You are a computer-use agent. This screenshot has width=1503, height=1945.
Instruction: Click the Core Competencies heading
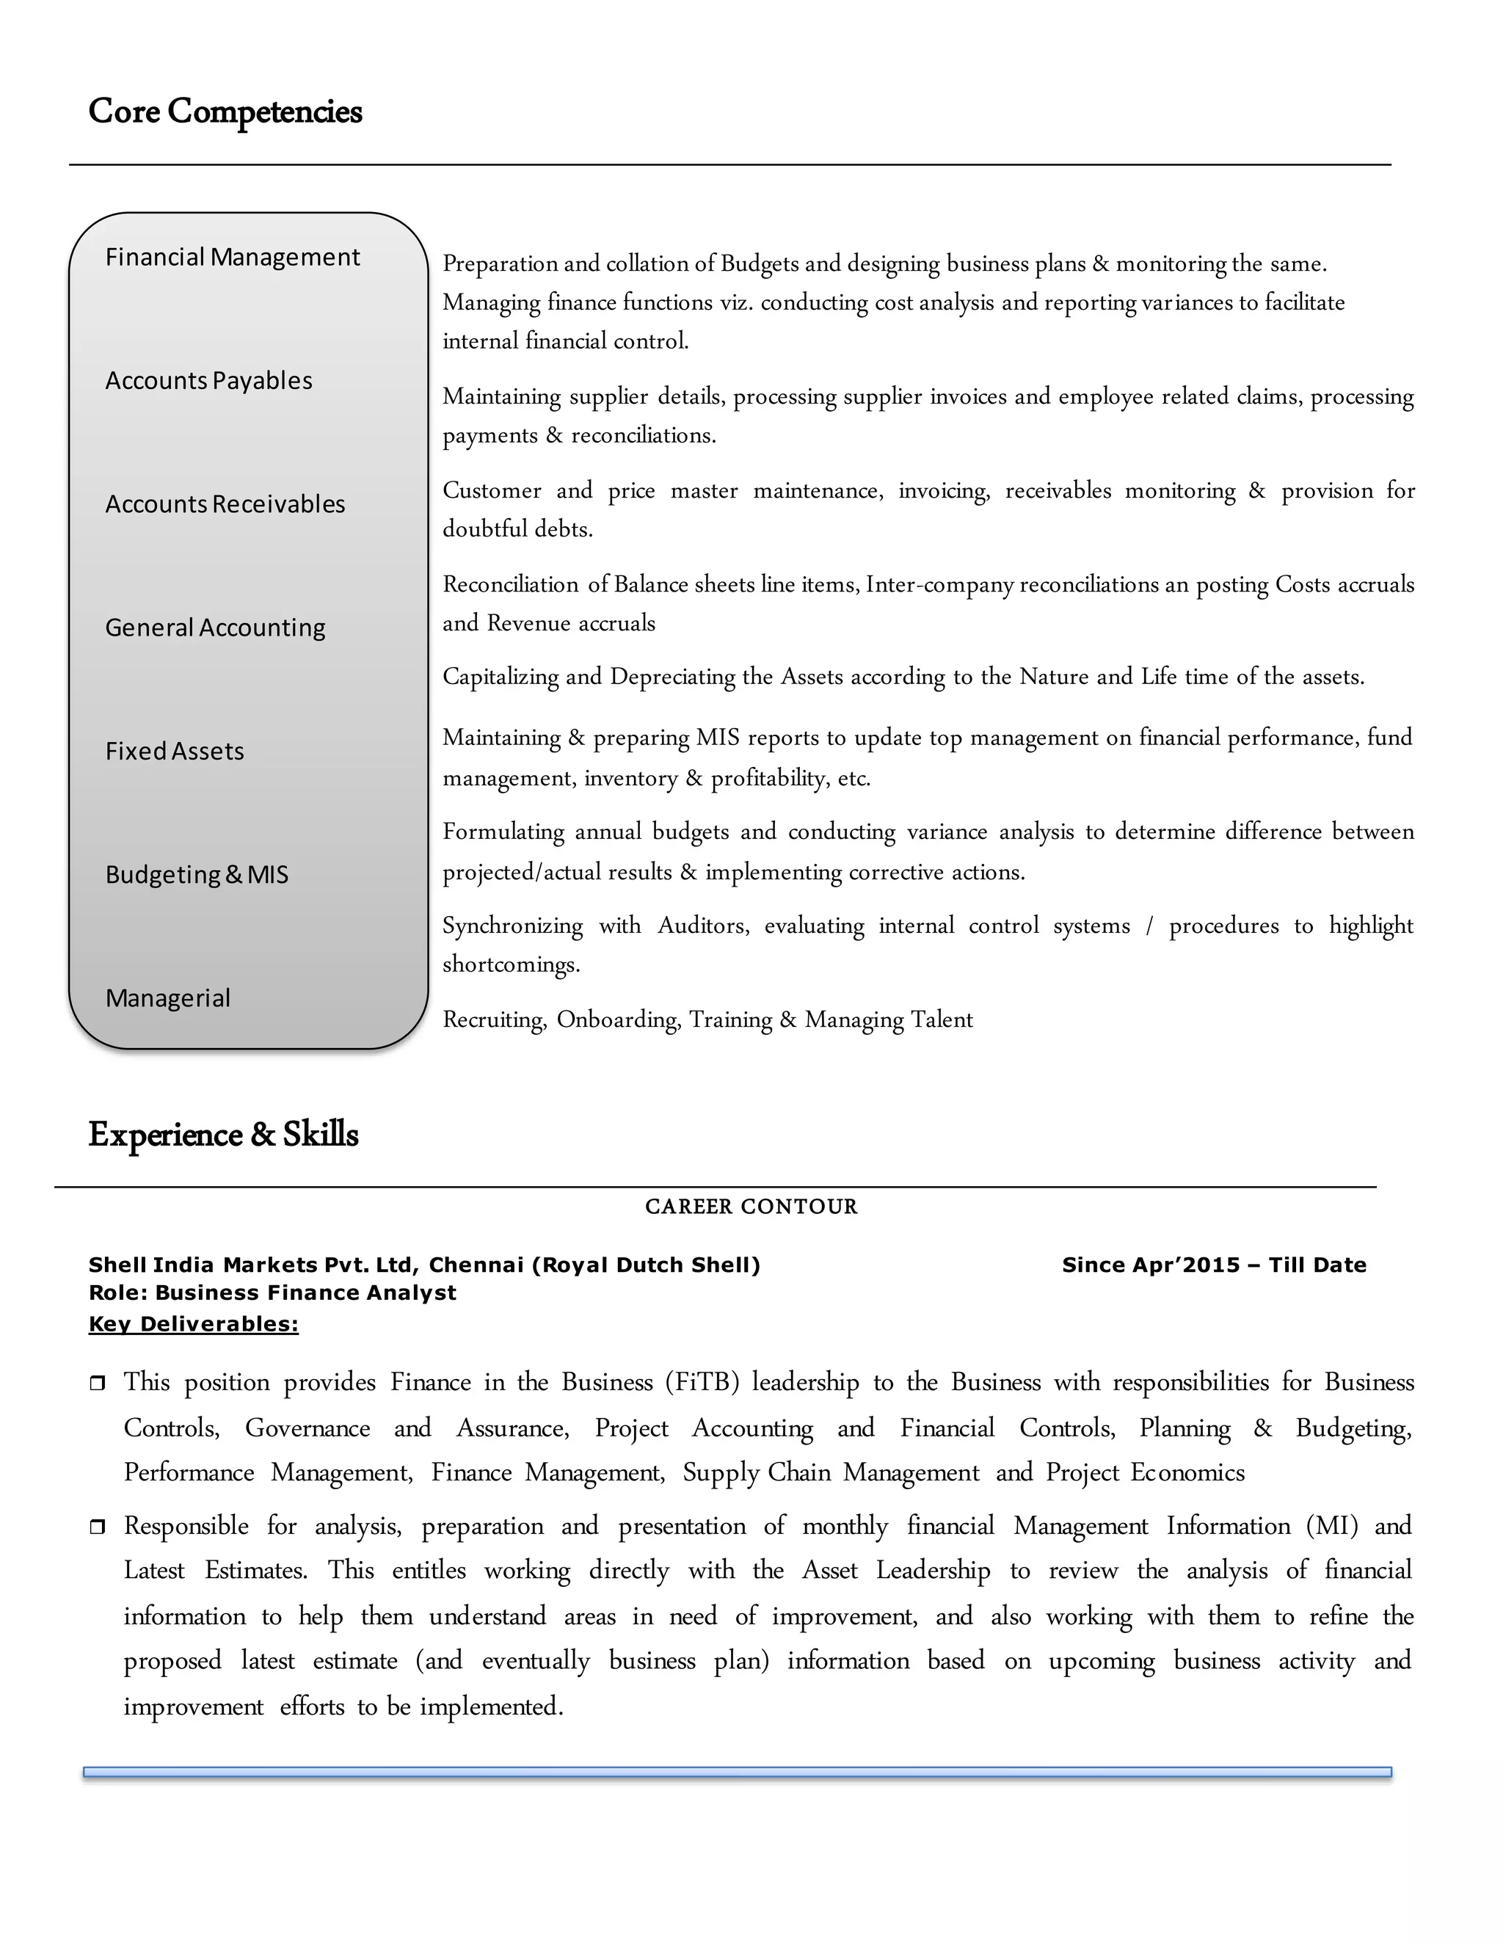[x=225, y=112]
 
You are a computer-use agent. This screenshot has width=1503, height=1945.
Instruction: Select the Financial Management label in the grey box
[x=233, y=258]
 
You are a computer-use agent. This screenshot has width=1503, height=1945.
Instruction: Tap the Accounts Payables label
[x=208, y=381]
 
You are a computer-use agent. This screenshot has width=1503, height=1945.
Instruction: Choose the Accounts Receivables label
[x=225, y=504]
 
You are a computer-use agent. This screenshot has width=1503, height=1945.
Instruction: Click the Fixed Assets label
[x=175, y=752]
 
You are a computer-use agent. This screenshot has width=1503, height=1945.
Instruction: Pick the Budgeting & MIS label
[x=197, y=875]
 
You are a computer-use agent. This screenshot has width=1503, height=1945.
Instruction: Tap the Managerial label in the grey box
[x=167, y=998]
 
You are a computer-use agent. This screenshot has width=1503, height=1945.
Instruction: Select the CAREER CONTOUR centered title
[x=751, y=1207]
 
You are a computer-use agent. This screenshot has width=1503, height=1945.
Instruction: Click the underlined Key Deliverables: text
[x=193, y=1324]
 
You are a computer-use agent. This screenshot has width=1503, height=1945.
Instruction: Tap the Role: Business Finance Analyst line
[x=272, y=1293]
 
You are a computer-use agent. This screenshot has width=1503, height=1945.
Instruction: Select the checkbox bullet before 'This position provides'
[x=97, y=1383]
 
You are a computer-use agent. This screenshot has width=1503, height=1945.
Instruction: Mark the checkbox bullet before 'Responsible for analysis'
[x=97, y=1527]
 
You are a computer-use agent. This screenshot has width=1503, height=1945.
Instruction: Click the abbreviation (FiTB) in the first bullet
[x=702, y=1382]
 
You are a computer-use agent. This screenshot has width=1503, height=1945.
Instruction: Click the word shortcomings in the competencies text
[x=510, y=964]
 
